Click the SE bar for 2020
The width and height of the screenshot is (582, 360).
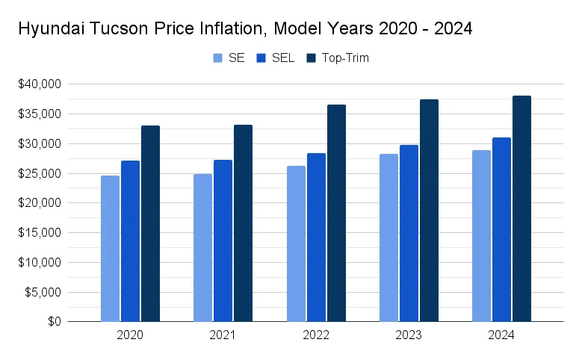coord(110,249)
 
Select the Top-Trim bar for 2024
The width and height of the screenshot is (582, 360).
coord(521,209)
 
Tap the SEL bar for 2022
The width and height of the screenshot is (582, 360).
coord(316,238)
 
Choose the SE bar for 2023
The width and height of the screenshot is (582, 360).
coord(388,238)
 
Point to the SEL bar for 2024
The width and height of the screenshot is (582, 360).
coord(501,230)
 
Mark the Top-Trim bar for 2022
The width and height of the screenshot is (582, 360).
coord(336,214)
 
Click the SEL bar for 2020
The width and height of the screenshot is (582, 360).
coord(130,241)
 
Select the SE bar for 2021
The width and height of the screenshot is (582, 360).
coord(202,248)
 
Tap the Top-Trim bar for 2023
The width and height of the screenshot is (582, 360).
coord(429,211)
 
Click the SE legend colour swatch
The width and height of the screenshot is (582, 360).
coord(218,58)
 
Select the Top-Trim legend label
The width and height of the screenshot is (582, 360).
coord(344,58)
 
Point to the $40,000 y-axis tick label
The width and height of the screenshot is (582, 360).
coord(41,84)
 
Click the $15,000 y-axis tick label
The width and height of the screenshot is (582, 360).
coord(41,233)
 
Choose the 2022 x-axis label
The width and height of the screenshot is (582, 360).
coord(316,336)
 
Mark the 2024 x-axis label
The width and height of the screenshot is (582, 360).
coord(501,336)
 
